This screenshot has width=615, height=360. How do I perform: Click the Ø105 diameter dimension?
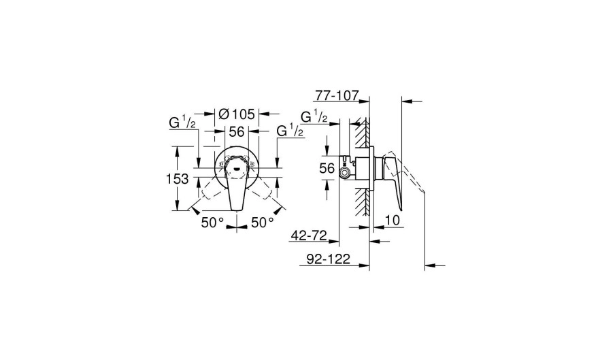tap(237, 114)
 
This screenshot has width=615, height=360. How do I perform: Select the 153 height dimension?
tap(178, 179)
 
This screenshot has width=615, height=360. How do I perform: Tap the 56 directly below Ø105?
tap(237, 132)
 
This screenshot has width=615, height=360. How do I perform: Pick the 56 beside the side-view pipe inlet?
tap(327, 168)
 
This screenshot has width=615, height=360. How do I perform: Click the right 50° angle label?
tap(263, 223)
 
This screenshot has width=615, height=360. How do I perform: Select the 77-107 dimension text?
tap(337, 95)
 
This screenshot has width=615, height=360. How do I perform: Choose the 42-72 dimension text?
tap(309, 235)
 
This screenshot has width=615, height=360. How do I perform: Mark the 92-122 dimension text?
tap(328, 259)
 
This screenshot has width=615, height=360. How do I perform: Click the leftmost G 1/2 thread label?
tap(182, 122)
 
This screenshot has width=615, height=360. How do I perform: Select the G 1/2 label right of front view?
tap(290, 131)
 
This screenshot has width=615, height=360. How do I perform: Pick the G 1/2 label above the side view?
tap(314, 116)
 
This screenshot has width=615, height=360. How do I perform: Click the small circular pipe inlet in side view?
tap(345, 173)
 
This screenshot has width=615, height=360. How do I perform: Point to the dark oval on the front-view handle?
tap(236, 169)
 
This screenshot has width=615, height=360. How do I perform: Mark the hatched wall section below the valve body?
tap(363, 201)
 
